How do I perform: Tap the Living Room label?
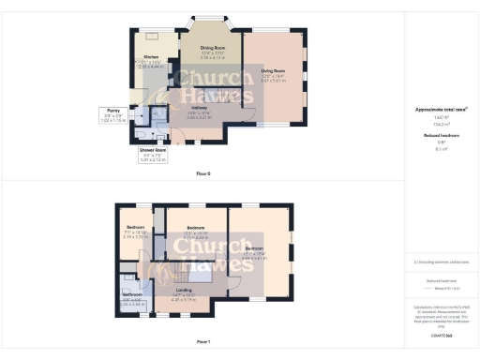(x=273, y=70)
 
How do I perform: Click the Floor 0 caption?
(x=203, y=173)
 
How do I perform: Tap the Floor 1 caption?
(x=203, y=341)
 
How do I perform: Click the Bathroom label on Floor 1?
(x=133, y=294)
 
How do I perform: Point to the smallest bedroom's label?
(x=137, y=227)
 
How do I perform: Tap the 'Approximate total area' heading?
(x=441, y=110)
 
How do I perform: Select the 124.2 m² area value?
(x=441, y=123)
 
